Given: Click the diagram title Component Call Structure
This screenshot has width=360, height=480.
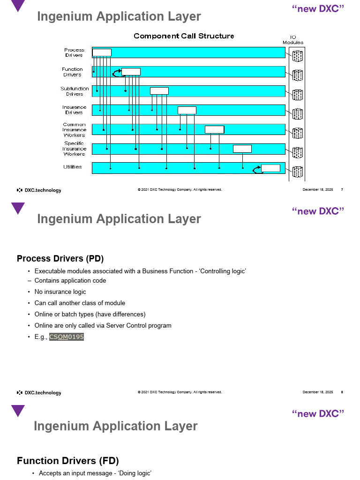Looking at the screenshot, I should [x=184, y=36].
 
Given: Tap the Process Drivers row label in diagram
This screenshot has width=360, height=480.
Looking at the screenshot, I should [x=74, y=52].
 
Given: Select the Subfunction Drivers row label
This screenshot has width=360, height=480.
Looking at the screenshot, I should [x=75, y=91].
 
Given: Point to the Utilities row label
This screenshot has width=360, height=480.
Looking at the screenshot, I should [x=73, y=167].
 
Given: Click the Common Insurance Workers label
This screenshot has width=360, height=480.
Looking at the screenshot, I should [x=75, y=130].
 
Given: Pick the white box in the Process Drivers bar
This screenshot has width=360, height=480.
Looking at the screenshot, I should [x=102, y=52].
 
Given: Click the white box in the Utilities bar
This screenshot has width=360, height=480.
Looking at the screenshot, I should [x=270, y=168].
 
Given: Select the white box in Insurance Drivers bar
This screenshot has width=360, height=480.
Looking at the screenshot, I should [x=187, y=110].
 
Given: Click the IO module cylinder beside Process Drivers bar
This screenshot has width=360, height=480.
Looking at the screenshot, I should [x=297, y=56].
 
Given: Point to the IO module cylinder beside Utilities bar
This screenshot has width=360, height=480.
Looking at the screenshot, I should [x=297, y=171].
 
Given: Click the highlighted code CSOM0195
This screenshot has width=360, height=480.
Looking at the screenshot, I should [x=66, y=337].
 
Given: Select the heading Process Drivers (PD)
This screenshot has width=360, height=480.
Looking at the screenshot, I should [x=60, y=259].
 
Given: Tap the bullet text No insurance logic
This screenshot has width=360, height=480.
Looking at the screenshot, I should [x=60, y=292].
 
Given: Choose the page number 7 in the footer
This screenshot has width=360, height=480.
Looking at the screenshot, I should [x=342, y=190].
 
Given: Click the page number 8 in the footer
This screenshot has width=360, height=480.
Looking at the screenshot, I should [x=342, y=392].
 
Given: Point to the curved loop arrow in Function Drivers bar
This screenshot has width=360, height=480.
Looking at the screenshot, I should [x=116, y=73].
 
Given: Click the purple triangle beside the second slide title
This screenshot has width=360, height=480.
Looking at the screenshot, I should [x=18, y=208].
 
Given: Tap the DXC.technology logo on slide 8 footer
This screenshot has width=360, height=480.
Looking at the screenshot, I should [x=39, y=393].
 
